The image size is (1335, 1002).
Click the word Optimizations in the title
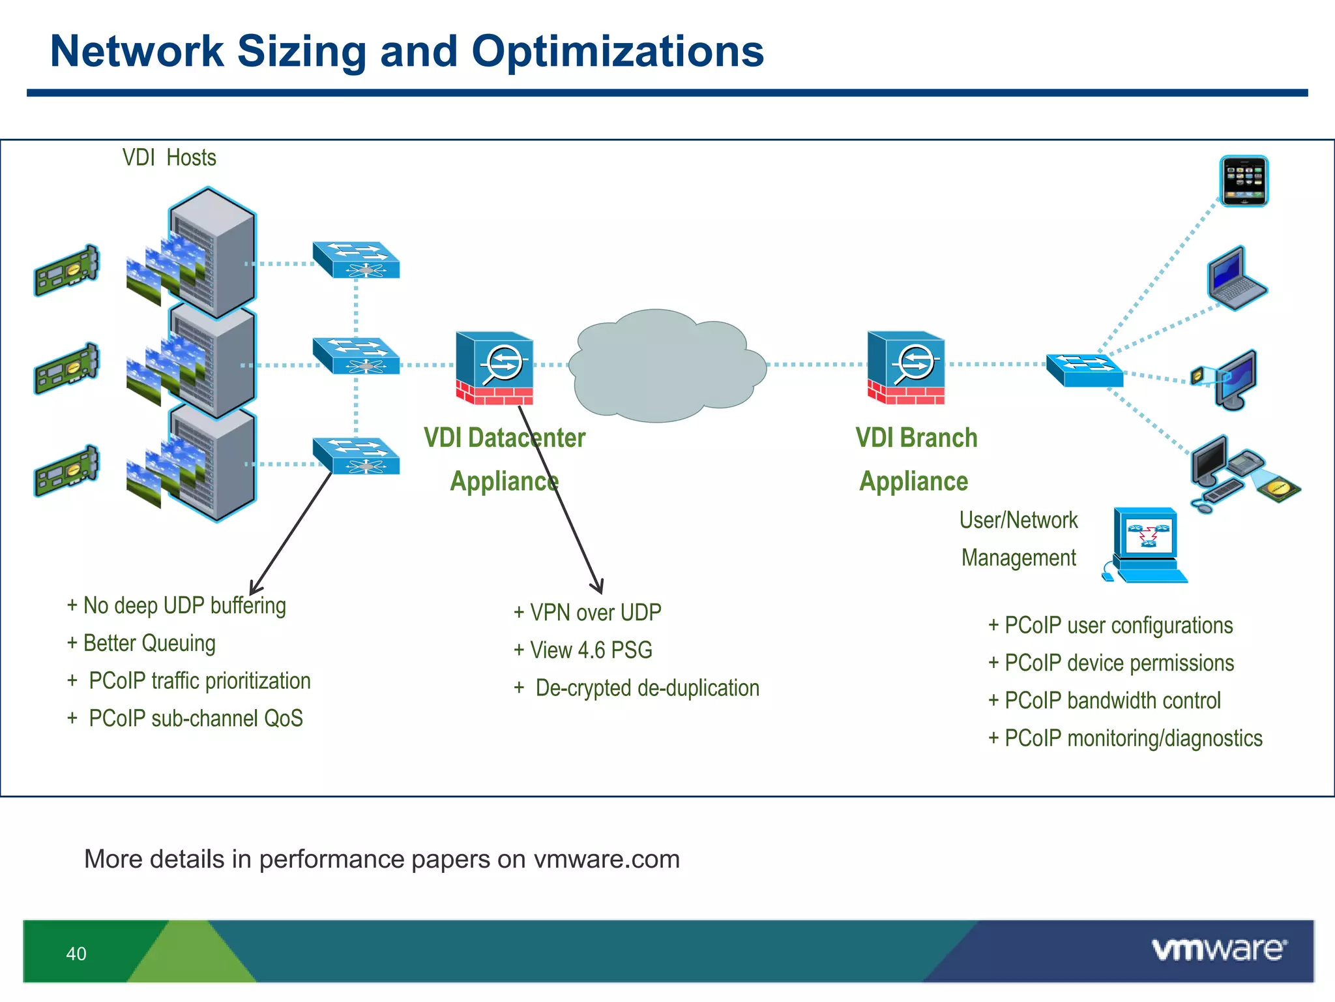617,52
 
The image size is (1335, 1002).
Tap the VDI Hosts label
169,158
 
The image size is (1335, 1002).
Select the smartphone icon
1244,181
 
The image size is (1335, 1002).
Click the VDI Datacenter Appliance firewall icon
495,368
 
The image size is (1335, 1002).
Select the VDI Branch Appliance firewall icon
906,367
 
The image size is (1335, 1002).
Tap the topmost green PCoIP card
66,270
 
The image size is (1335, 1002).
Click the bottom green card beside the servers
66,470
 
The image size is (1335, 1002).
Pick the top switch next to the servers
356,260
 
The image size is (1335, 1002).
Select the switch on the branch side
1084,370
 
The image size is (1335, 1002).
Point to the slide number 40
76,954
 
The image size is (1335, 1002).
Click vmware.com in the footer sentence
606,859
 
